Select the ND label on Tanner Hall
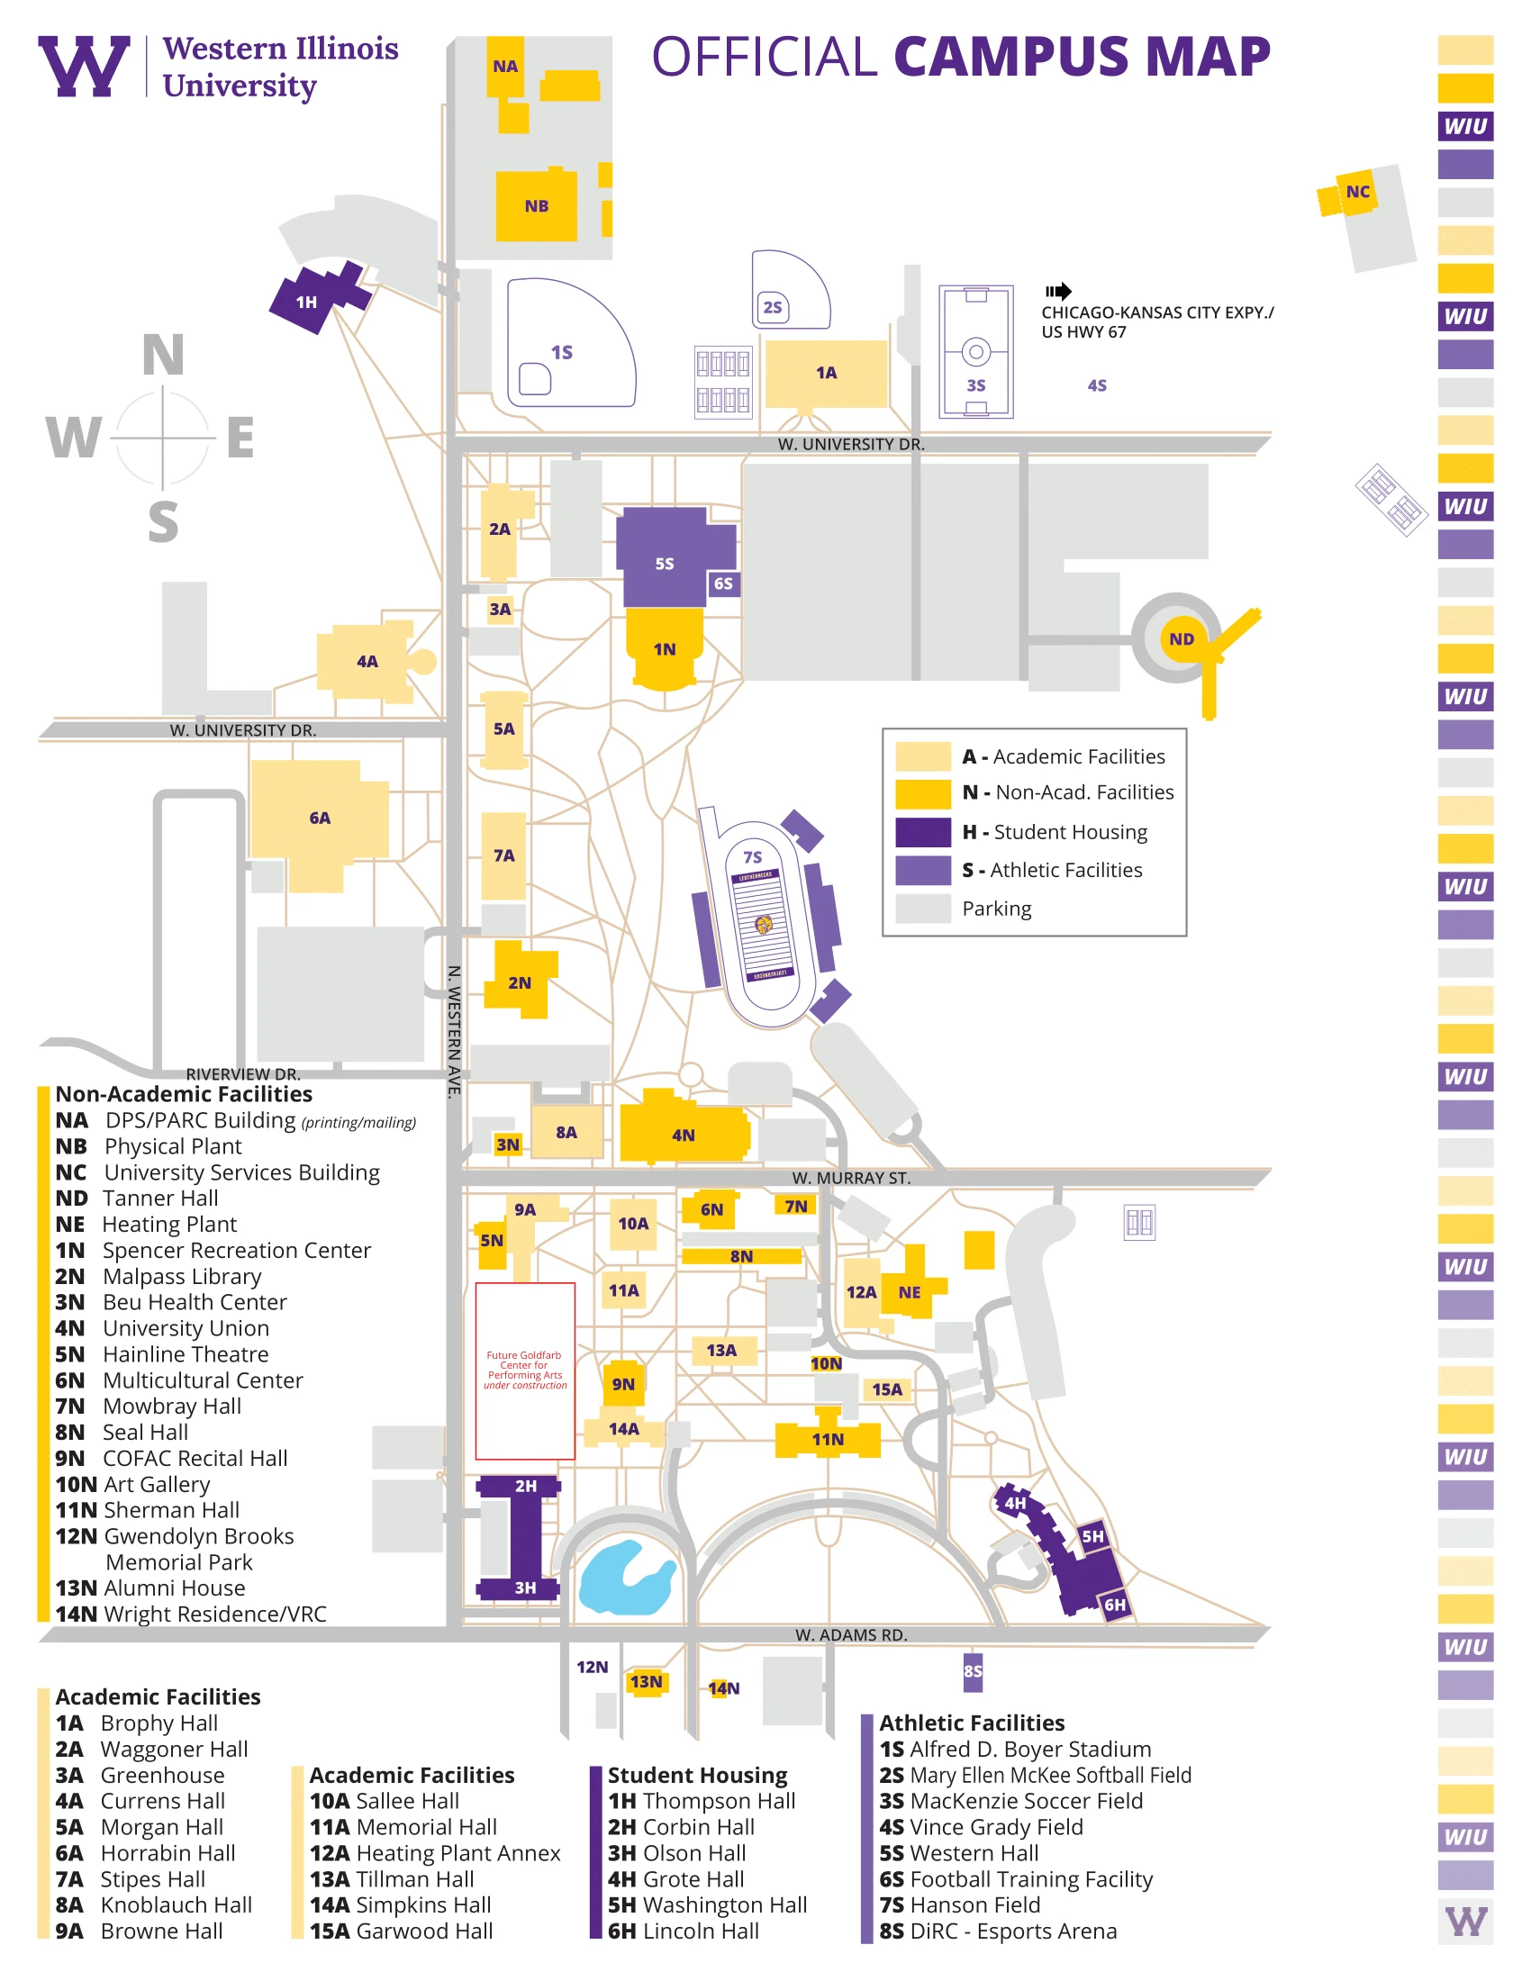1181,638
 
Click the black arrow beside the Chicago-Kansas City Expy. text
1057,291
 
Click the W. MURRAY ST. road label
851,1178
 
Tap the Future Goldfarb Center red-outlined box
525,1370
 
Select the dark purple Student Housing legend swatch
922,831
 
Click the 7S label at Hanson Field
752,856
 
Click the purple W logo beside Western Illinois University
84,67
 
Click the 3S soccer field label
976,385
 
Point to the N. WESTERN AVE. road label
455,1030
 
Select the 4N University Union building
684,1134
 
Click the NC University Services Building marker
1357,192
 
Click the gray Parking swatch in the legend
922,908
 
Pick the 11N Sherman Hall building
827,1439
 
